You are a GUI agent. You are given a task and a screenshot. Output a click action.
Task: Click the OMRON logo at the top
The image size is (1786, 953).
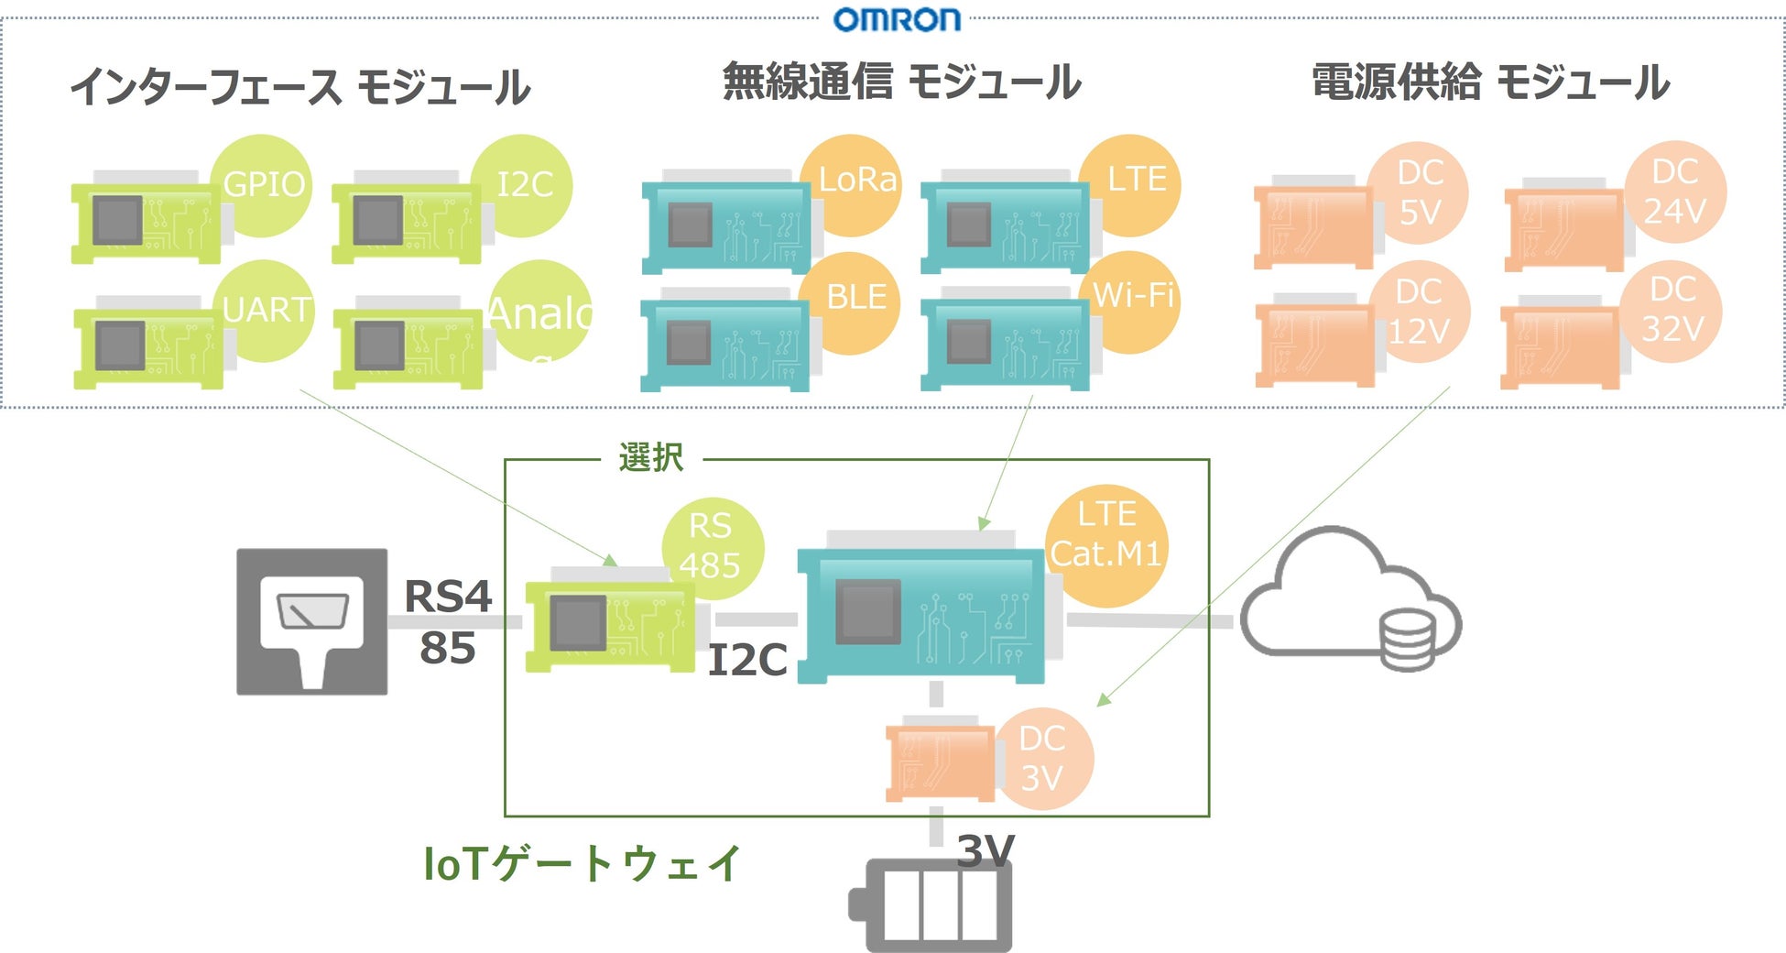(897, 19)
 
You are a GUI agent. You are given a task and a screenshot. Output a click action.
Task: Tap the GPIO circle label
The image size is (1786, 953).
(263, 185)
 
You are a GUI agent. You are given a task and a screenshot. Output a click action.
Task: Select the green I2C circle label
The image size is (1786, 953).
(523, 185)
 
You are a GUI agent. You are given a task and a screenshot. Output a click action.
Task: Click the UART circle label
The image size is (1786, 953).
(266, 310)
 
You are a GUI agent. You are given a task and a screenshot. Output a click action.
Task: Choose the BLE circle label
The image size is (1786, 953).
(852, 299)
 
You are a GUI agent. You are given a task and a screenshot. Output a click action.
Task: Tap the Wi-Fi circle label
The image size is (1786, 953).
(1132, 297)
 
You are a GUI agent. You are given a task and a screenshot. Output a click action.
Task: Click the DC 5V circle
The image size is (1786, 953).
(1419, 192)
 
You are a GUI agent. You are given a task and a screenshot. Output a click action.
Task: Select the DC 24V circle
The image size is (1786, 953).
(1675, 191)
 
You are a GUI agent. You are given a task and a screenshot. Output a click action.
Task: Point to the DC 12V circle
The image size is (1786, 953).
(1419, 312)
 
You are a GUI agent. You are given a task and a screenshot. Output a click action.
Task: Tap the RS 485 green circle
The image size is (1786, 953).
(712, 546)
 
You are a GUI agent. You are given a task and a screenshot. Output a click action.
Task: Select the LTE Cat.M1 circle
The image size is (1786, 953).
(1106, 535)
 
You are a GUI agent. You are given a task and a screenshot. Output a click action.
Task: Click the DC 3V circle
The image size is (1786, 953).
(1042, 759)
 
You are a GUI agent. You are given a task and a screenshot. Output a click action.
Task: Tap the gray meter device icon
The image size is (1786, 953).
(311, 621)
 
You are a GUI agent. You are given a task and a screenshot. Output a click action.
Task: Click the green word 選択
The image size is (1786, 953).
(651, 457)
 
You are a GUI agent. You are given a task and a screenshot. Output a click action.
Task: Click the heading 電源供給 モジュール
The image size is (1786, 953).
(1490, 82)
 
